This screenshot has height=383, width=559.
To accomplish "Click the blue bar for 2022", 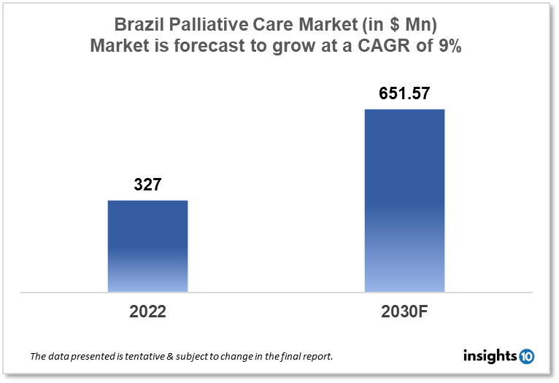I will coord(147,246).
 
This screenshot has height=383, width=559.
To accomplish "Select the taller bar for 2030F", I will coord(404,201).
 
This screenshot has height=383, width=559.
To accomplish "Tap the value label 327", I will coord(147,185).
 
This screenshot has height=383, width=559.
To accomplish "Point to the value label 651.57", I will coord(404,94).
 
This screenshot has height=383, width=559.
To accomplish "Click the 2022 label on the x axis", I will coord(147,312).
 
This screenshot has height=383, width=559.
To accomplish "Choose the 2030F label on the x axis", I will coord(404,312).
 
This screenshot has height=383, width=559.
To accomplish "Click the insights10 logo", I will coord(498,357).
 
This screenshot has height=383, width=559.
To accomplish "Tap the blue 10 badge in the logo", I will coord(526,357).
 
